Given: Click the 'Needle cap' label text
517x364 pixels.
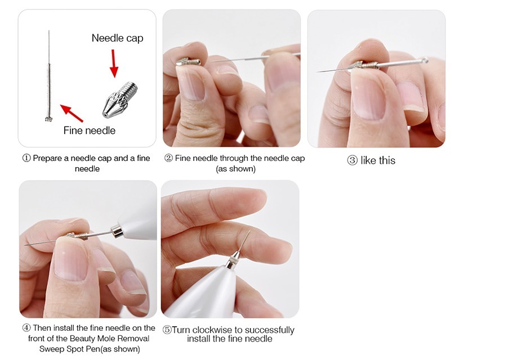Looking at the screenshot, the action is (x=117, y=38).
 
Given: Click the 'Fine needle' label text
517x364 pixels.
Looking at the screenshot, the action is (x=90, y=131).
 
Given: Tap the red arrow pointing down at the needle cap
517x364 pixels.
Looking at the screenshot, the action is (x=114, y=64).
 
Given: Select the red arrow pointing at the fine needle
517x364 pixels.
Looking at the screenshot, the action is (x=72, y=113).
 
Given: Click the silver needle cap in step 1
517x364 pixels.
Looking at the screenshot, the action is (x=120, y=100).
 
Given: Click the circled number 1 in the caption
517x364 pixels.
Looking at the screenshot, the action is (x=26, y=158).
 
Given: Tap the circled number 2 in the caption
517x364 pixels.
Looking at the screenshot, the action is (x=168, y=158).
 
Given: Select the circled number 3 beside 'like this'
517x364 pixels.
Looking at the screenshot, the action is (x=352, y=160).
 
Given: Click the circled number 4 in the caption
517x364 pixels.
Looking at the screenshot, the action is (x=26, y=328).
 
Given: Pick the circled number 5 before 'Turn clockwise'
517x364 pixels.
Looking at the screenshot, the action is (x=167, y=330).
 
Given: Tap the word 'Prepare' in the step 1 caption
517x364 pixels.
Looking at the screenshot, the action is (x=47, y=159).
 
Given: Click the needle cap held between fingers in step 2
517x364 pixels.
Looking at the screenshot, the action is (x=189, y=61).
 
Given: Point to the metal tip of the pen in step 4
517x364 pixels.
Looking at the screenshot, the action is (x=117, y=232).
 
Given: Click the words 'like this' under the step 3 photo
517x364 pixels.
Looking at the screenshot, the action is (x=378, y=160).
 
